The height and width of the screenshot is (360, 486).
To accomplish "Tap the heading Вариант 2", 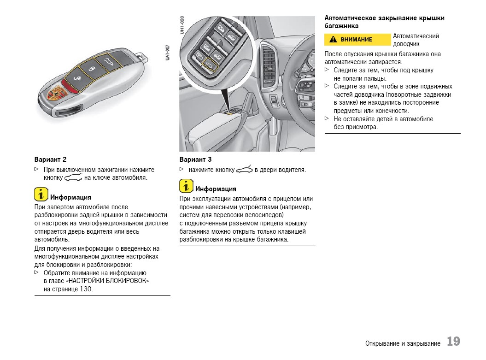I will click(50, 159).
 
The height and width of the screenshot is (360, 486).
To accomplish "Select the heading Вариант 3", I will click(195, 159).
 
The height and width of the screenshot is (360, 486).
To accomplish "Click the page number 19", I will click(453, 342).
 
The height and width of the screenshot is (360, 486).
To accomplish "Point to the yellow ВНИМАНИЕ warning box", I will click(357, 40).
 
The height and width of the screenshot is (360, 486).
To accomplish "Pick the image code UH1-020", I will click(182, 25).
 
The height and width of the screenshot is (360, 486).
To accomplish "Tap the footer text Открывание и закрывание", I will click(403, 343).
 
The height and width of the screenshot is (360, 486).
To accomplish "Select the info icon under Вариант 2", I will click(41, 194).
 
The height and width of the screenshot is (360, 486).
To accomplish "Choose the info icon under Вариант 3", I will click(186, 186).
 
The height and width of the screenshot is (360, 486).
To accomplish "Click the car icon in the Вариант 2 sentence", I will click(73, 178).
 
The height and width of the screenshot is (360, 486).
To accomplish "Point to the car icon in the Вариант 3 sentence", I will click(244, 170).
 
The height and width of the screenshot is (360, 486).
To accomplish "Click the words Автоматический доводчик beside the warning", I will click(416, 40).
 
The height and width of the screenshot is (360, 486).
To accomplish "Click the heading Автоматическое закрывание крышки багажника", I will click(384, 22).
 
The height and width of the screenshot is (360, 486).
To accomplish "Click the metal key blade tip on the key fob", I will click(143, 59).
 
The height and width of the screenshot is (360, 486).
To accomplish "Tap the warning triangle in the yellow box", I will click(333, 40).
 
